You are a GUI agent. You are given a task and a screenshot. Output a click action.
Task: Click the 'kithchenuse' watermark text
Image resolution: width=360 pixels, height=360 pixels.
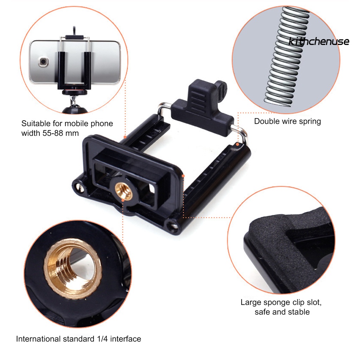pyautogui.click(x=319, y=42)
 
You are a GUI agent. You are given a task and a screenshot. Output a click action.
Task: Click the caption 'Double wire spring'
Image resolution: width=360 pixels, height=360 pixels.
pyautogui.click(x=288, y=122)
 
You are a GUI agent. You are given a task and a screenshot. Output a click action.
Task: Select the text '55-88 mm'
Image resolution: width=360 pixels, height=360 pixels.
pyautogui.click(x=64, y=133)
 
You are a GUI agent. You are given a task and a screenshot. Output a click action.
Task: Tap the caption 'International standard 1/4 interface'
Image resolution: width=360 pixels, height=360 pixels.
pyautogui.click(x=78, y=339)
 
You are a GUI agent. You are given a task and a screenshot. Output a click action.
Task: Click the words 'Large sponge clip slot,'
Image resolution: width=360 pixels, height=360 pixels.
pyautogui.click(x=281, y=302)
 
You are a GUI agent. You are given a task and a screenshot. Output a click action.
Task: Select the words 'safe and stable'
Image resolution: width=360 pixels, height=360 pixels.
pyautogui.click(x=282, y=311)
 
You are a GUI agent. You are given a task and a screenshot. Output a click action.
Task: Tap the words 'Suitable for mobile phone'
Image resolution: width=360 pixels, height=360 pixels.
pyautogui.click(x=67, y=123)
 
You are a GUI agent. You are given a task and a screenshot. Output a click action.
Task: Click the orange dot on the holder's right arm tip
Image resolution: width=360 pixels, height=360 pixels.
pyautogui.click(x=238, y=144)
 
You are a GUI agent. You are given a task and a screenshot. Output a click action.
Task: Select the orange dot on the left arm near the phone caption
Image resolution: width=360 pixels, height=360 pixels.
pyautogui.click(x=125, y=137)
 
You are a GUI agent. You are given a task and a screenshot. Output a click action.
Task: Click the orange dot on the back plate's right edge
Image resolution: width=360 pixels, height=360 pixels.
pyautogui.click(x=183, y=175)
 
